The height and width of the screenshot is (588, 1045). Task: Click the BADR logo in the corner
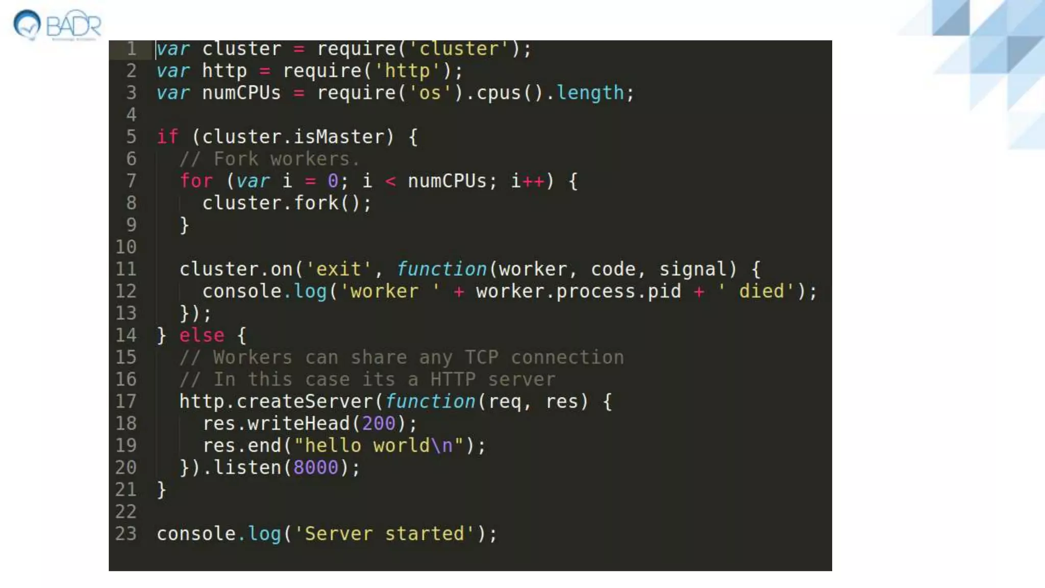(x=57, y=24)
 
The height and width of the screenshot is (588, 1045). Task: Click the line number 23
(x=126, y=533)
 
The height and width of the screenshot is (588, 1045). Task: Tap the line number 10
(x=126, y=247)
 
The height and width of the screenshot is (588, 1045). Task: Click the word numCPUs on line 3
(x=241, y=93)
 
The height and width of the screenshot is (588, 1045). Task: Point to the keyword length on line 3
(x=590, y=93)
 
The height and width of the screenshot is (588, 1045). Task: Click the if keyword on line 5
(x=167, y=137)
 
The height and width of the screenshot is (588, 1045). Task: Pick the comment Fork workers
(x=269, y=159)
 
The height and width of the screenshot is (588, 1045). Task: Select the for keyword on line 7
(x=196, y=181)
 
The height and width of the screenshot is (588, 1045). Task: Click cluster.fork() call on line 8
(x=287, y=203)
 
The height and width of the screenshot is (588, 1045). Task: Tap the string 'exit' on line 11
(x=338, y=269)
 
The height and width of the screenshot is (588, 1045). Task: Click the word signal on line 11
(x=692, y=269)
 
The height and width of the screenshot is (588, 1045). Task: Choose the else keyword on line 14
(x=202, y=335)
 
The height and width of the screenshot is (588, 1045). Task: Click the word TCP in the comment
(x=481, y=357)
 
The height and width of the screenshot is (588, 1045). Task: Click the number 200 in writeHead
(x=378, y=423)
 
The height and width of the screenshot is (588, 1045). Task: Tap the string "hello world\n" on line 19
(x=379, y=446)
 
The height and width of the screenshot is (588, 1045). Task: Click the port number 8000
(x=315, y=468)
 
